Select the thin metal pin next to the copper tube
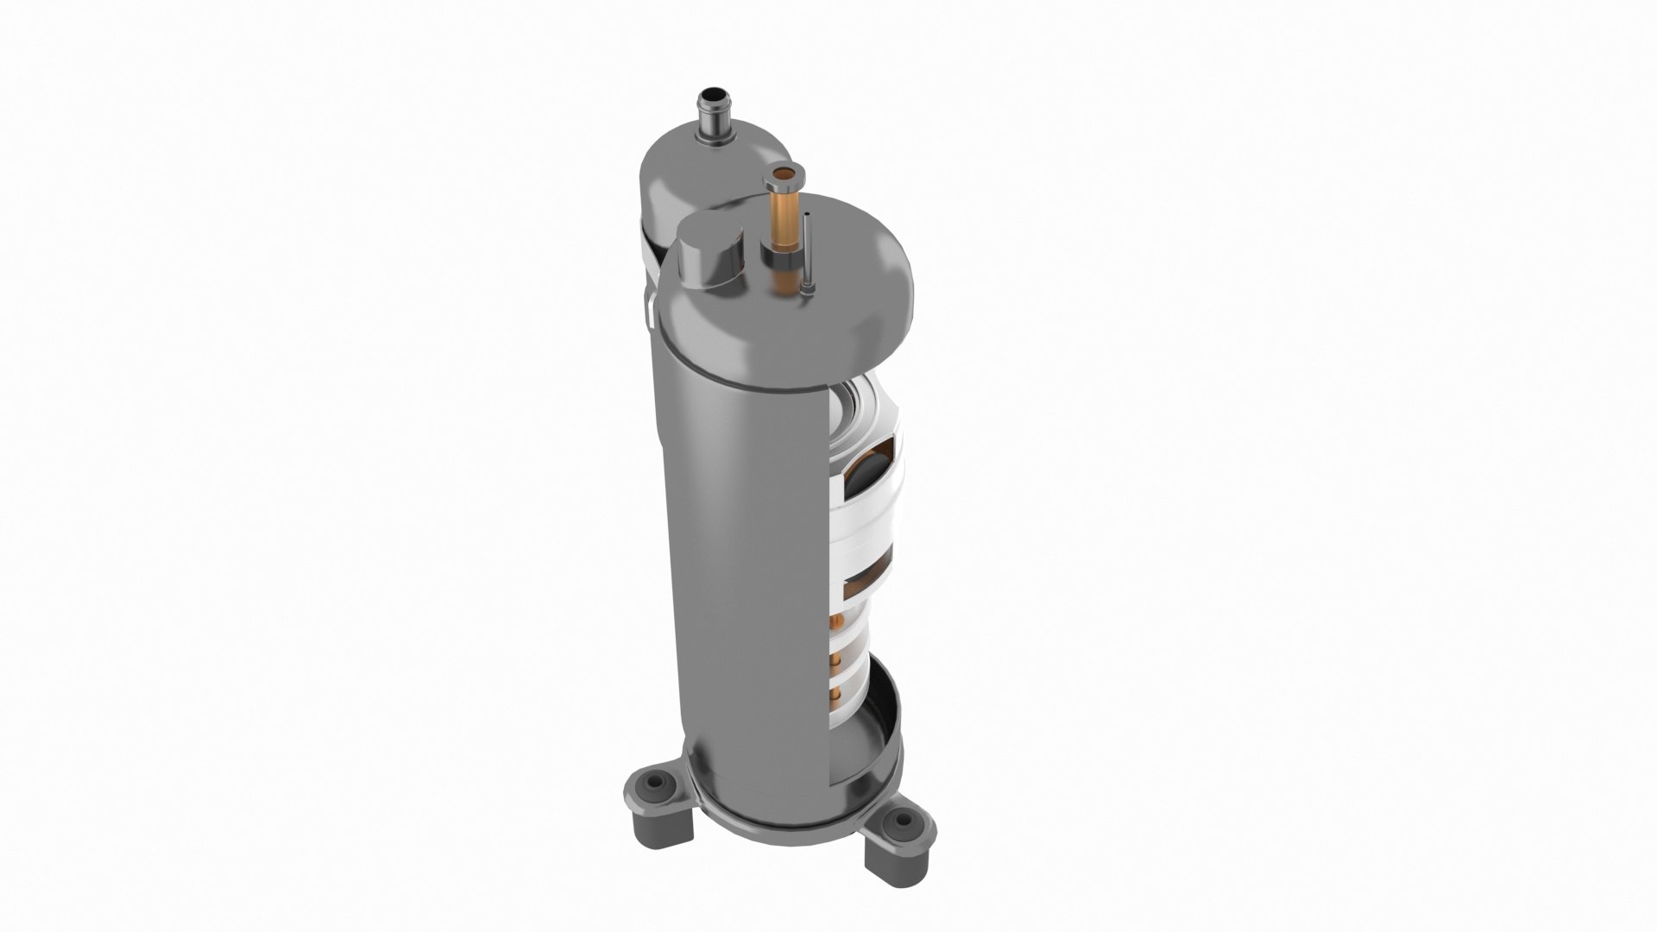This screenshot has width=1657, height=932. click(x=806, y=255)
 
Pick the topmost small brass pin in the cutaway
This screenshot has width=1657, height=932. click(x=836, y=621)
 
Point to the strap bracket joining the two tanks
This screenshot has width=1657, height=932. click(x=649, y=306)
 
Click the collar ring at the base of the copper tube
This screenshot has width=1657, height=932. click(x=781, y=257)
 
